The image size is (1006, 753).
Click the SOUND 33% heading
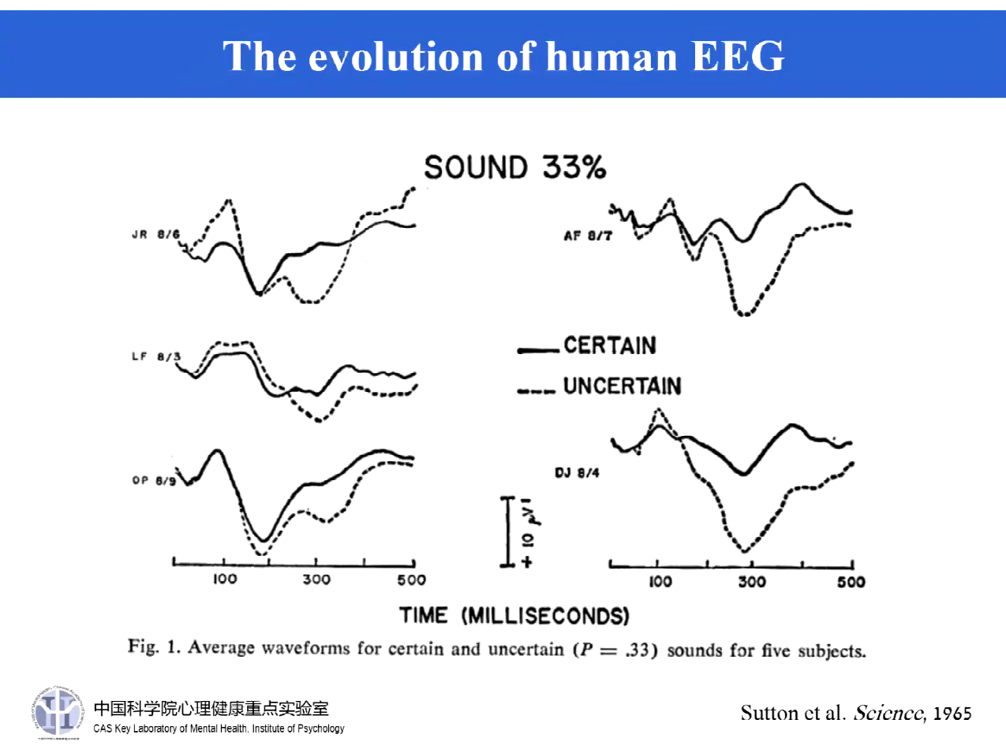[514, 167]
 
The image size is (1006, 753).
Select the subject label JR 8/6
[155, 234]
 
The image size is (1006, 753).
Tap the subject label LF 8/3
[155, 356]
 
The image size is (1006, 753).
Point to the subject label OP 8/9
[154, 480]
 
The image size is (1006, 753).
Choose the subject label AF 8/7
[588, 236]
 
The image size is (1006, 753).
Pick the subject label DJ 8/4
[577, 473]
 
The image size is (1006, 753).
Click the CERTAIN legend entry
[609, 345]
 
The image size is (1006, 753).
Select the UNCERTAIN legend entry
[622, 386]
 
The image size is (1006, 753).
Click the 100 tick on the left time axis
[225, 580]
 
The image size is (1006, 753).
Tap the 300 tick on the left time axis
[316, 580]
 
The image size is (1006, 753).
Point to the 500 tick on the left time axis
[411, 580]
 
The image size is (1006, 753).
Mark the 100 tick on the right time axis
[660, 582]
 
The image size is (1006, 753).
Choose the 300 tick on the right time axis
[752, 582]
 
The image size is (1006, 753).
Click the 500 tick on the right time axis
[851, 582]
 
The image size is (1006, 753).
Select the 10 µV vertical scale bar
[509, 531]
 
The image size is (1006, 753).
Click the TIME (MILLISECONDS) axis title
[514, 616]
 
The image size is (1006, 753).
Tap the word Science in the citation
[888, 714]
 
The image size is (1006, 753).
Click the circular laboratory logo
[58, 712]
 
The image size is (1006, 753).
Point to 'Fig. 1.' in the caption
[155, 647]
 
